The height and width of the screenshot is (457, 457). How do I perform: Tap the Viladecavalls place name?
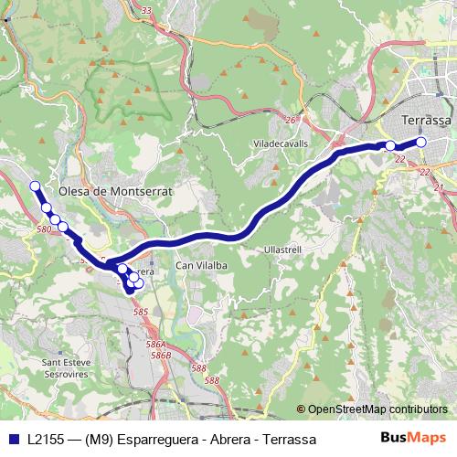pyautogui.click(x=282, y=143)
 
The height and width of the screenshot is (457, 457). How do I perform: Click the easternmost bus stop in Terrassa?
pyautogui.click(x=421, y=142)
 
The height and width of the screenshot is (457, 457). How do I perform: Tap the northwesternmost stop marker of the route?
pyautogui.click(x=36, y=186)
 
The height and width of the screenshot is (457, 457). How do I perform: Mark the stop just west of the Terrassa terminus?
pyautogui.click(x=390, y=146)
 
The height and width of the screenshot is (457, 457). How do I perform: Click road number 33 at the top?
pyautogui.click(x=169, y=9)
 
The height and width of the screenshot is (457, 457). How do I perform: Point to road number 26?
pyautogui.click(x=290, y=120)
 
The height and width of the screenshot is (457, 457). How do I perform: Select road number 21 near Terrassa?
pyautogui.click(x=439, y=187)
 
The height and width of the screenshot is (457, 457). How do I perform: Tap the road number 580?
pyautogui.click(x=45, y=229)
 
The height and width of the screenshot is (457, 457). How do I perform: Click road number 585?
pyautogui.click(x=140, y=313)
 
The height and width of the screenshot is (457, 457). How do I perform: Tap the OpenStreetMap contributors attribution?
pyautogui.click(x=372, y=409)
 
